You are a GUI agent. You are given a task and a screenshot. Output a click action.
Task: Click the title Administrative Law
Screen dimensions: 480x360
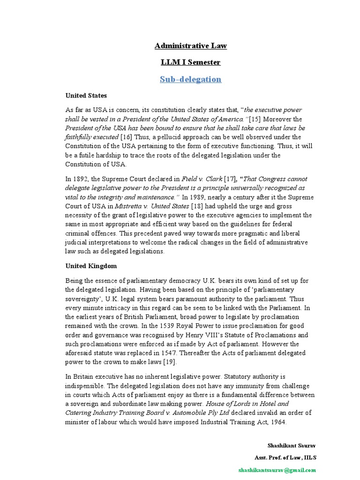pos(190,45)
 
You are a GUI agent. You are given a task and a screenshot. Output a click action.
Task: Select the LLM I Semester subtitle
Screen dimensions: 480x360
pos(190,62)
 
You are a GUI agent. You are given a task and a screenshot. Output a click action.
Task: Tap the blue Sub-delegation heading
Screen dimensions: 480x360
pos(190,79)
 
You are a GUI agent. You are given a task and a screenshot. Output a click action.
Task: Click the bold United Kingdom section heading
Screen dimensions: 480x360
pos(91,265)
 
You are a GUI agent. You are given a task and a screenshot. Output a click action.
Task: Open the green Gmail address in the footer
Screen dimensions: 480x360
pos(277,470)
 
